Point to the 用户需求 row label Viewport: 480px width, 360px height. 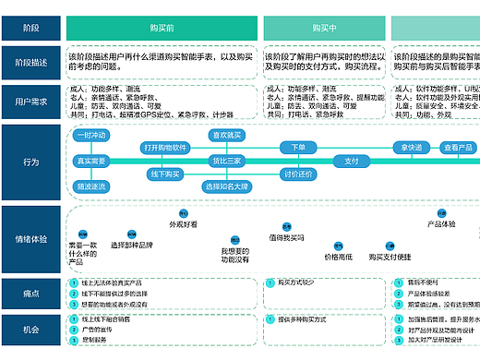tap(31, 100)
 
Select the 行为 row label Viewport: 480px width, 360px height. tap(31, 162)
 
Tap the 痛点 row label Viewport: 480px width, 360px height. tap(31, 294)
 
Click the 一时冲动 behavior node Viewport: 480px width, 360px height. tap(91, 135)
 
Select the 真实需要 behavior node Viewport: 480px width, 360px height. tap(91, 161)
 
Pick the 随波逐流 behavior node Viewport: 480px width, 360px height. tap(91, 186)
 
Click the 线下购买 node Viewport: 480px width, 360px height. tap(165, 174)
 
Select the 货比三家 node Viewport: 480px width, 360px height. tap(227, 161)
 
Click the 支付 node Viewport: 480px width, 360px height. tap(352, 161)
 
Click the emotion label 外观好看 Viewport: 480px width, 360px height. tap(183, 224)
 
